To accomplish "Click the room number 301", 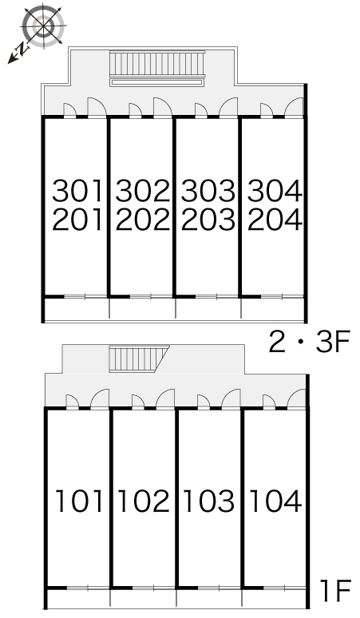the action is pyautogui.click(x=77, y=191).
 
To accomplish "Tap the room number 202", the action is pyautogui.click(x=143, y=220).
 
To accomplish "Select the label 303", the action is pyautogui.click(x=208, y=191).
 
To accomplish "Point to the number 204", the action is pyautogui.click(x=275, y=220).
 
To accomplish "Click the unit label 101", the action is pyautogui.click(x=79, y=501).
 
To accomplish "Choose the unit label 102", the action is pyautogui.click(x=144, y=501).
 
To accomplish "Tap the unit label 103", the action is pyautogui.click(x=209, y=501).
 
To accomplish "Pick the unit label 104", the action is pyautogui.click(x=275, y=501).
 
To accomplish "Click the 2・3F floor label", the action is pyautogui.click(x=310, y=342).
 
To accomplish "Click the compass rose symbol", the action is pyautogui.click(x=43, y=26).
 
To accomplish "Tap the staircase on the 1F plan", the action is pyautogui.click(x=138, y=359).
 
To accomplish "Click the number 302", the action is pyautogui.click(x=143, y=191).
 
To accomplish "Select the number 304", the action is pyautogui.click(x=275, y=191).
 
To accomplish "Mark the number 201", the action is pyautogui.click(x=77, y=220).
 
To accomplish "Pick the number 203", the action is pyautogui.click(x=208, y=220).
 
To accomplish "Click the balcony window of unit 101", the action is pyautogui.click(x=88, y=588).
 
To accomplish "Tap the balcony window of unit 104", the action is pyautogui.click(x=284, y=588).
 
